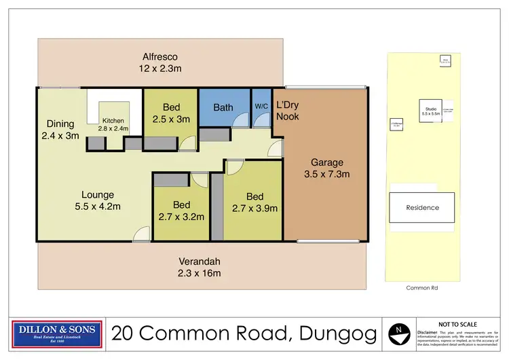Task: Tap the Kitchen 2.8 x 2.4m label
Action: tap(113, 124)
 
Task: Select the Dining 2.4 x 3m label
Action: tap(60, 130)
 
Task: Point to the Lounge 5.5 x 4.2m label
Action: tap(94, 201)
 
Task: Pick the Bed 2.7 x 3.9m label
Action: tap(254, 203)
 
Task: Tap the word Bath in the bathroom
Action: tap(223, 107)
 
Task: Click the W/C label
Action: tap(261, 107)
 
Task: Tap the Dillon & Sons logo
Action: tap(58, 334)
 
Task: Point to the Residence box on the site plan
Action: tap(422, 208)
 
